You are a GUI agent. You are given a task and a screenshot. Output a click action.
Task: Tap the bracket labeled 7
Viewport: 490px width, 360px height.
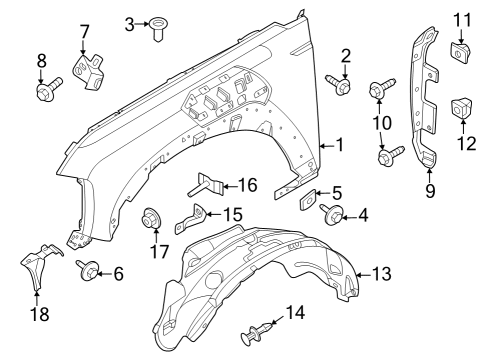pyautogui.click(x=85, y=71)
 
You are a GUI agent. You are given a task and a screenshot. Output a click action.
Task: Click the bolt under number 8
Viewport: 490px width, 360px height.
pyautogui.click(x=44, y=93)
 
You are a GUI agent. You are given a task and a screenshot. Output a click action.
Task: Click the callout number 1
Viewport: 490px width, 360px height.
pyautogui.click(x=339, y=146)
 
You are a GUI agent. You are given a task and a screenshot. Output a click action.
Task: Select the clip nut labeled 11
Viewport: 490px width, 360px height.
pyautogui.click(x=461, y=50)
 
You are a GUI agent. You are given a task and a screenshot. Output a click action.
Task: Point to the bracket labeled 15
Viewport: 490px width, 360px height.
pyautogui.click(x=195, y=217)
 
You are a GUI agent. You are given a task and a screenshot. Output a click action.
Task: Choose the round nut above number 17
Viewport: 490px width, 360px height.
pyautogui.click(x=154, y=216)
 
